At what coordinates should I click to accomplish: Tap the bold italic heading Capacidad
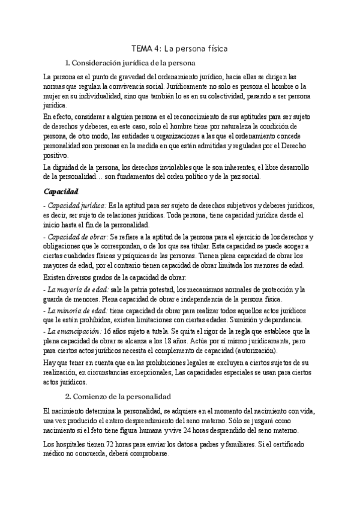click(62, 191)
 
